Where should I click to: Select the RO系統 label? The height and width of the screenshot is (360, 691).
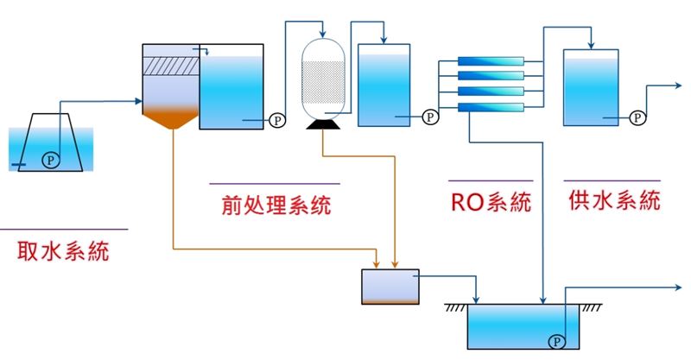pos(491,202)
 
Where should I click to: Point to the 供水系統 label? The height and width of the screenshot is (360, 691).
pos(615,200)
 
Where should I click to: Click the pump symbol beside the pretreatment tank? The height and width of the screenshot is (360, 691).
pos(276,121)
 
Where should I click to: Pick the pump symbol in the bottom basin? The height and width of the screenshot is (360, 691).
pos(555,341)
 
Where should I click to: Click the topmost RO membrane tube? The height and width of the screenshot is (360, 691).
pos(491,61)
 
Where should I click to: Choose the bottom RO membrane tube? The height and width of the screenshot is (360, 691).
pos(491,107)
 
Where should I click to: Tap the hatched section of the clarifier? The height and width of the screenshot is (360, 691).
pos(169,66)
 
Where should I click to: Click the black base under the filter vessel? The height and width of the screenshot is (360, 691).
pos(323,125)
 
